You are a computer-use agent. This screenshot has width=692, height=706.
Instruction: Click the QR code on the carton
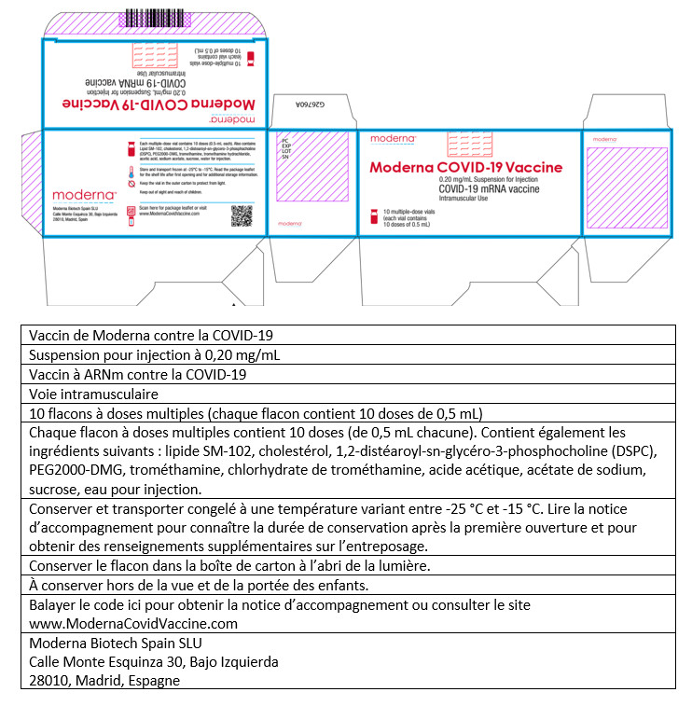(x=242, y=215)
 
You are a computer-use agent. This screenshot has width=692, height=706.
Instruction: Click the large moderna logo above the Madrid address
(x=84, y=194)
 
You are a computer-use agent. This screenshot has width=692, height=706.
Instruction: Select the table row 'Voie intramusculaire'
(x=80, y=394)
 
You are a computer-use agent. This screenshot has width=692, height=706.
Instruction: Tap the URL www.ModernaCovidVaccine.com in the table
(x=133, y=623)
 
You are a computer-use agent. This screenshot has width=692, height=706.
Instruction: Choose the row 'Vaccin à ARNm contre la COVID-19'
(x=137, y=375)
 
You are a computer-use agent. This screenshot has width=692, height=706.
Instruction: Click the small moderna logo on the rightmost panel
(x=604, y=139)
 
